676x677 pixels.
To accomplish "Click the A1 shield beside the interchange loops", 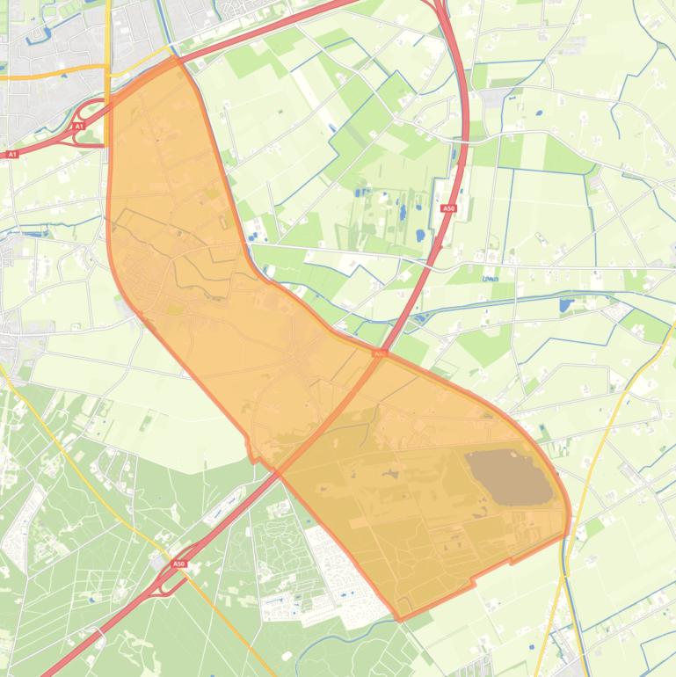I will [x=78, y=127].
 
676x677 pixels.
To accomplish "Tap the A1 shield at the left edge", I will [x=12, y=154].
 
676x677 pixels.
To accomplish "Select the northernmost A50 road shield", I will [x=448, y=208].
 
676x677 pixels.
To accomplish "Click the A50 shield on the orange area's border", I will [x=378, y=353].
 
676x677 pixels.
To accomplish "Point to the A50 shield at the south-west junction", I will [x=179, y=564].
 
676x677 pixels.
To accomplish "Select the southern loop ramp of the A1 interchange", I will [x=87, y=135].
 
